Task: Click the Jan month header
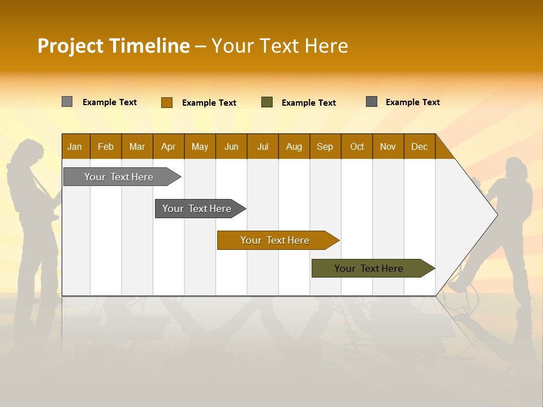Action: (75, 146)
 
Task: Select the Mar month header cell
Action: (137, 146)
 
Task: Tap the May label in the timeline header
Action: (200, 146)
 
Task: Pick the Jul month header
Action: (262, 146)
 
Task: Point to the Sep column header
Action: (325, 146)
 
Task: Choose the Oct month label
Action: (357, 146)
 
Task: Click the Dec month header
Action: (419, 146)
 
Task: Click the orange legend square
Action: (166, 102)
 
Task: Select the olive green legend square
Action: (267, 102)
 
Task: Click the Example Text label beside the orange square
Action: (209, 103)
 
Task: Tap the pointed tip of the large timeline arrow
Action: (496, 214)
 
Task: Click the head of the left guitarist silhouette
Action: (29, 151)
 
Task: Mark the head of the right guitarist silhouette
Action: (515, 168)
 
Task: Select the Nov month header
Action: (388, 146)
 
